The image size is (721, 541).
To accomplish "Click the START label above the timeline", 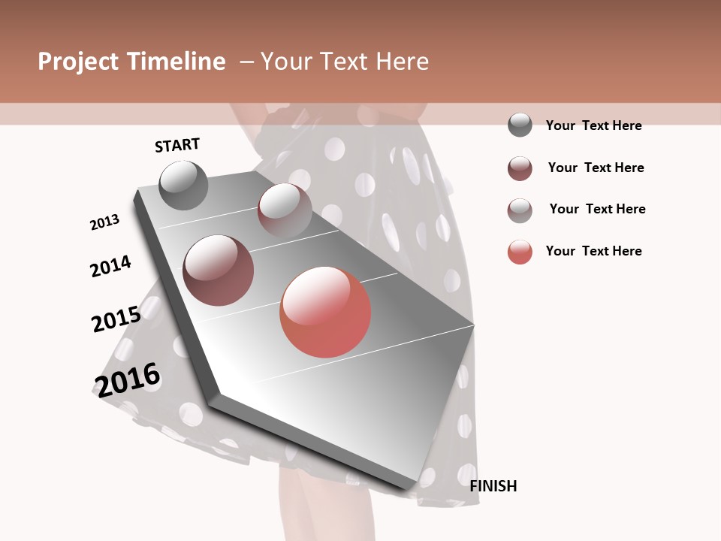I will (x=177, y=145).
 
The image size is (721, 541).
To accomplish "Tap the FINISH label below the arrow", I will (x=493, y=486).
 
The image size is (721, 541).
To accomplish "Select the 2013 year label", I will (x=104, y=222).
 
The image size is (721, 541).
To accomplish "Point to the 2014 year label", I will (x=110, y=266).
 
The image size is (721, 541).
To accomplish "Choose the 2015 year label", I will (x=116, y=319).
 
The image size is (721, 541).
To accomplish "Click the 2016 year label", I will (x=127, y=379).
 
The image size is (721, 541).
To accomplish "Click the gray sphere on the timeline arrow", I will (x=183, y=185).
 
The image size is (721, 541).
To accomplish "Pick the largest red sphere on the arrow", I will (x=325, y=312).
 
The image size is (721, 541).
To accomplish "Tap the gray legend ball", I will (x=520, y=125).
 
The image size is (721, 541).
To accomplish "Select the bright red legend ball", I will (x=520, y=252).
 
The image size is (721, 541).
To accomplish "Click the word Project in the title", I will (x=78, y=62).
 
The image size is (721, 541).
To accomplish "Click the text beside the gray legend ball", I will (x=593, y=125).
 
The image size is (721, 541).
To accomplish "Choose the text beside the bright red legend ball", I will (x=593, y=251).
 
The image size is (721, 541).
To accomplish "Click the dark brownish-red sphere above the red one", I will (x=219, y=270).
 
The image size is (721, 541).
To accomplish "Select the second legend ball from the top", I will (x=520, y=168).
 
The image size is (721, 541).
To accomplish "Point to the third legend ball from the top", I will (x=520, y=210).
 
